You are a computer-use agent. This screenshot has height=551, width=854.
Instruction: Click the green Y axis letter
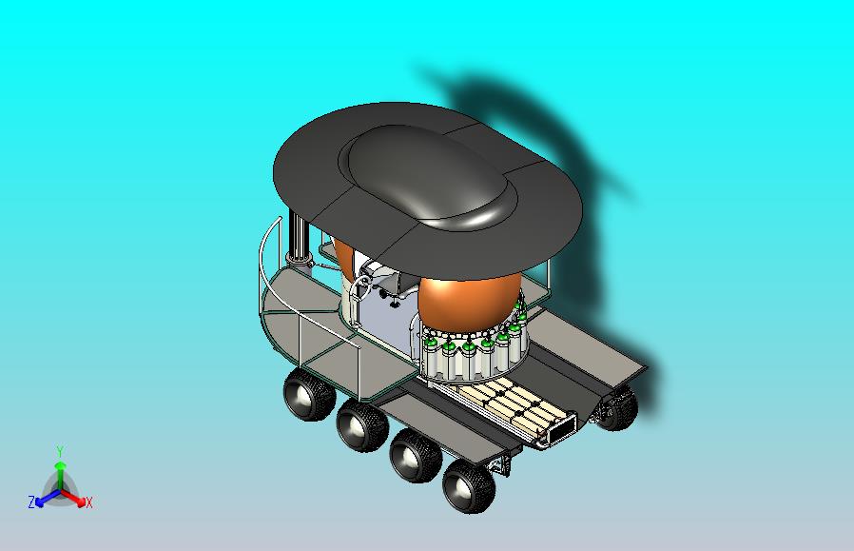point(59,451)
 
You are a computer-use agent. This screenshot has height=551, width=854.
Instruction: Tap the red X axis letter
point(88,502)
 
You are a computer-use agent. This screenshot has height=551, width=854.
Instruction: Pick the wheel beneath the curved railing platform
point(305,396)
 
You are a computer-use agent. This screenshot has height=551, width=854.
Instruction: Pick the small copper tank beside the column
point(342,257)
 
